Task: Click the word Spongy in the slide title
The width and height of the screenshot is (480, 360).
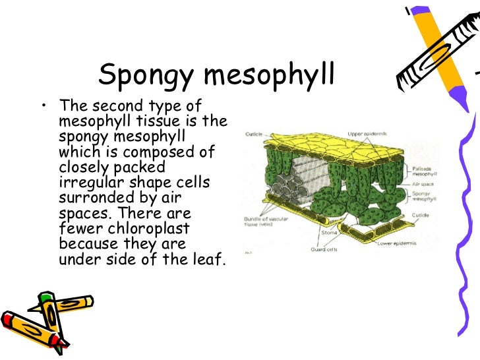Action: tap(144, 76)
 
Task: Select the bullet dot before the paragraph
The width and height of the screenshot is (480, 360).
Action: tap(44, 107)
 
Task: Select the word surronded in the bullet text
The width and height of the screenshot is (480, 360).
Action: tap(91, 198)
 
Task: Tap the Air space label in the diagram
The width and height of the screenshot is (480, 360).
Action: tap(423, 185)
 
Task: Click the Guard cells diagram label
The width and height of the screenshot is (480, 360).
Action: tap(324, 250)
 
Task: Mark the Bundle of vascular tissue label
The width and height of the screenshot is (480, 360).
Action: tap(265, 221)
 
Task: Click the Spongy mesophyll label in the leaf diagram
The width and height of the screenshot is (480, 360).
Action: tap(424, 197)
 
